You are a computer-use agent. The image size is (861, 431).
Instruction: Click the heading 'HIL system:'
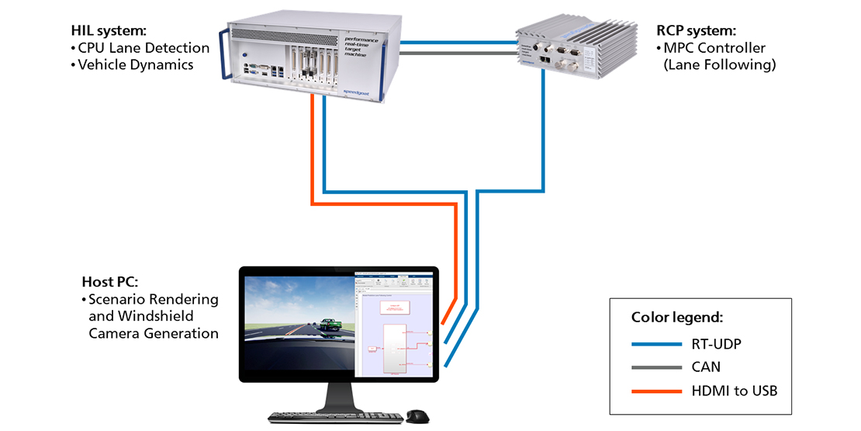coord(108,31)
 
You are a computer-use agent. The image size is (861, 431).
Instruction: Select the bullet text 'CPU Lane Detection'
coord(143,48)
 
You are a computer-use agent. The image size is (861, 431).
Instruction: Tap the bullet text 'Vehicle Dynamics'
coord(136,65)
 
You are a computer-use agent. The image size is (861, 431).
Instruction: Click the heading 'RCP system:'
coord(696,31)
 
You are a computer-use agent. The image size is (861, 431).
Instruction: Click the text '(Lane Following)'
coord(719,65)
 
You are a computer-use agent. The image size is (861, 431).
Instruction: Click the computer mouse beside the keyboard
coord(416,416)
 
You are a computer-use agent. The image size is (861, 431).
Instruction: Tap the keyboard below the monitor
coord(335,418)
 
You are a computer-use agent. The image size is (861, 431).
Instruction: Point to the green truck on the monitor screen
coord(328,325)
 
